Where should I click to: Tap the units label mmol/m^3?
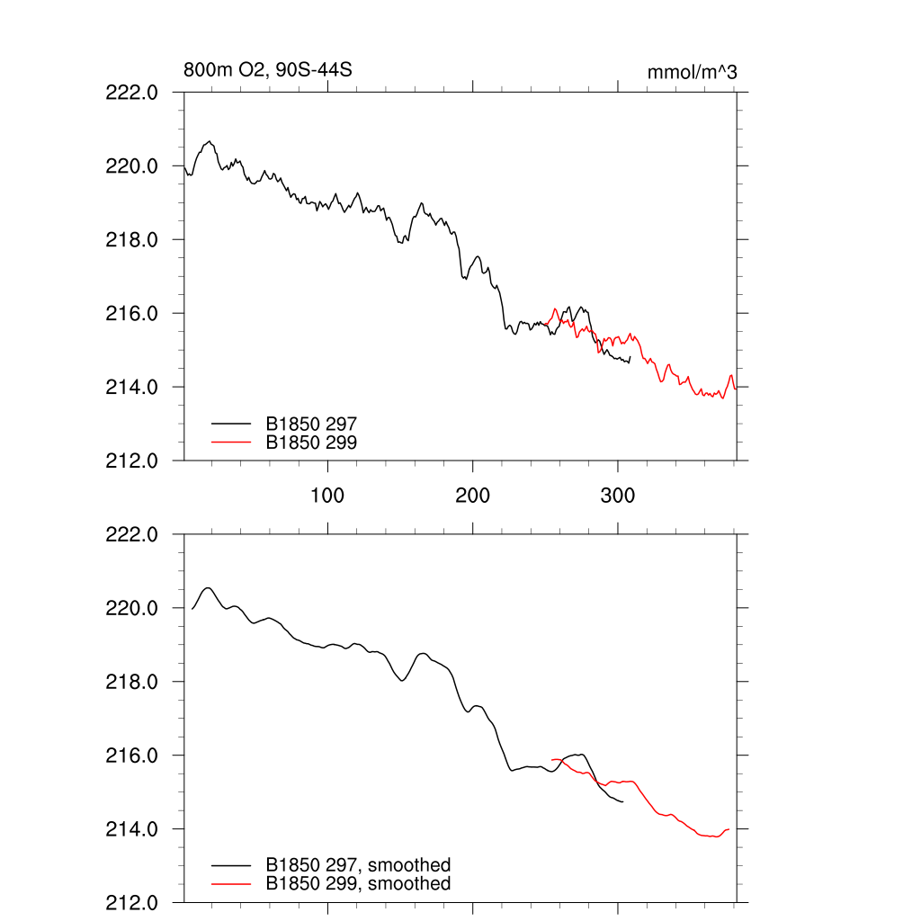coord(692,72)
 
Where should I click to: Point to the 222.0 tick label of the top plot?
coord(133,92)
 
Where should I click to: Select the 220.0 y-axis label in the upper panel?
coord(133,165)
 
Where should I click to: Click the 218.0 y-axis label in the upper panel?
coord(133,239)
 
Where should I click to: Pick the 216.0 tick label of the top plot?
coord(133,313)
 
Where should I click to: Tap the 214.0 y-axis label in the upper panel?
coord(133,387)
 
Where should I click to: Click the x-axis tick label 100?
coord(327,495)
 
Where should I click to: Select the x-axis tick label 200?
coord(472,495)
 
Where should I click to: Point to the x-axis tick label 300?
coord(618,495)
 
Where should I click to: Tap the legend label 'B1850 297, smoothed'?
coord(358,865)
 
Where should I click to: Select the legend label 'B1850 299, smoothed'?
coord(358,884)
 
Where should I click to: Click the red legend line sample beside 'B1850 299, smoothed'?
coord(230,884)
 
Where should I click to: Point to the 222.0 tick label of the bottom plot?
coord(133,534)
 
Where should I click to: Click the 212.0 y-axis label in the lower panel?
coord(133,902)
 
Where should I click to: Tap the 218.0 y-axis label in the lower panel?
coord(133,682)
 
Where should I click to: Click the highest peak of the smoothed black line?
coord(209,588)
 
